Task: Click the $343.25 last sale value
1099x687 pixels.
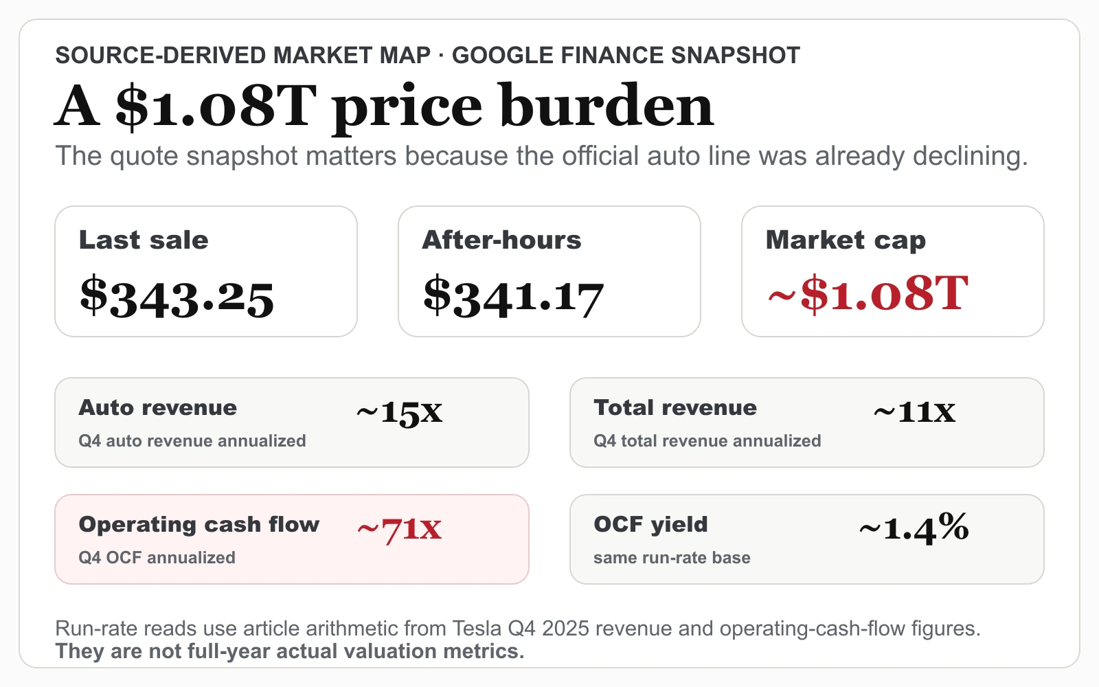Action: (x=177, y=297)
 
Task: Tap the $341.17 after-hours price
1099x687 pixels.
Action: (x=513, y=296)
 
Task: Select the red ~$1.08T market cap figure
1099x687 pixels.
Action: (x=868, y=293)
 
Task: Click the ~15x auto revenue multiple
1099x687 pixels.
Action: (x=399, y=412)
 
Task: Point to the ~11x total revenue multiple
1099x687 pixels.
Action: (x=914, y=412)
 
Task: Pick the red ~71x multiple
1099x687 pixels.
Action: (x=399, y=529)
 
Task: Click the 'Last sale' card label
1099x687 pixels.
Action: (x=144, y=240)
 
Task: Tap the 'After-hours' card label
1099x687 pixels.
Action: (x=501, y=240)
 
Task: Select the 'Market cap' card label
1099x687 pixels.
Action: (x=846, y=241)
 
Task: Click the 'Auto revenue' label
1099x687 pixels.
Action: (x=157, y=408)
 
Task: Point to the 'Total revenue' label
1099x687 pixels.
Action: (x=675, y=408)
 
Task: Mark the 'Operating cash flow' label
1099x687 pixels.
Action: (x=199, y=525)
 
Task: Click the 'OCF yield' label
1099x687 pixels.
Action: (x=650, y=525)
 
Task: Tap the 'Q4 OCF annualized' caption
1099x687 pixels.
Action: (x=157, y=557)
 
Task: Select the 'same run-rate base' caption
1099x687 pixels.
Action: (x=672, y=557)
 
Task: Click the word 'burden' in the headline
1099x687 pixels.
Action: (x=607, y=106)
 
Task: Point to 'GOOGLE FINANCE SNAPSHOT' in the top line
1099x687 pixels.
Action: (x=626, y=56)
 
